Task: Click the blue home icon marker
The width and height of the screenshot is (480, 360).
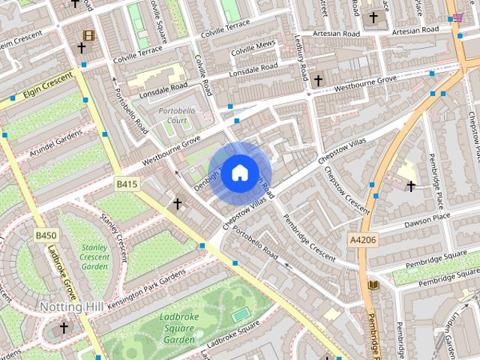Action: pyautogui.click(x=239, y=173)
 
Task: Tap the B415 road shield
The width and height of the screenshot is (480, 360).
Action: pyautogui.click(x=127, y=184)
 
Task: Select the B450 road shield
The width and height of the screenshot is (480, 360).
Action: pyautogui.click(x=45, y=235)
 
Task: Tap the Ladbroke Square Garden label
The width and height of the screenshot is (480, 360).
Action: pyautogui.click(x=178, y=328)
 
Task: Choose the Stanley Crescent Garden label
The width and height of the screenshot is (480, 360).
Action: pyautogui.click(x=94, y=256)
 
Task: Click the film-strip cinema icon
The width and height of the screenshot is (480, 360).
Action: pyautogui.click(x=88, y=35)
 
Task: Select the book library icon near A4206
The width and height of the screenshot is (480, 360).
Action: pyautogui.click(x=374, y=285)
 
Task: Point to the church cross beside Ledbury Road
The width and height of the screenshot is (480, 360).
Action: pyautogui.click(x=318, y=79)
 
